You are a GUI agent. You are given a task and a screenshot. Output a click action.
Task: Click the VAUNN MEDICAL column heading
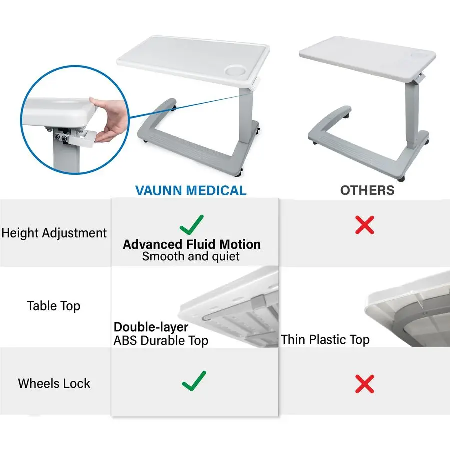point(191,190)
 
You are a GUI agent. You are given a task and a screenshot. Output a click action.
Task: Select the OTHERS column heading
point(367,190)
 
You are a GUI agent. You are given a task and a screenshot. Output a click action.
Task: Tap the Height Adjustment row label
point(54,233)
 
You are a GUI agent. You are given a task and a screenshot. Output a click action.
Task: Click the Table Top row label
point(54,306)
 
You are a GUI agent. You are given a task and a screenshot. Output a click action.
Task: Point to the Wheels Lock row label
point(54,383)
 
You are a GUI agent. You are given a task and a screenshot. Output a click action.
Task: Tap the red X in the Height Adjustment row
point(365,225)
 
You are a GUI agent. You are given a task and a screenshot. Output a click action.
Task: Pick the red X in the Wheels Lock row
point(365,384)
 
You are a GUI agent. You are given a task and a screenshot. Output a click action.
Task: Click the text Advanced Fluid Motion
point(192,244)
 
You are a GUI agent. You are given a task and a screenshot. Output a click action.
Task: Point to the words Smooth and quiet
point(191,257)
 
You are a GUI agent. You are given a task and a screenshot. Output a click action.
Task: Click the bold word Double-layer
point(151,327)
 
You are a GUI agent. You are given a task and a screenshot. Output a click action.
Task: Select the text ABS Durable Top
point(161,341)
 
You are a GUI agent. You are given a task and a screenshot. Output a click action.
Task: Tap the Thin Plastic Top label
point(325,340)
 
